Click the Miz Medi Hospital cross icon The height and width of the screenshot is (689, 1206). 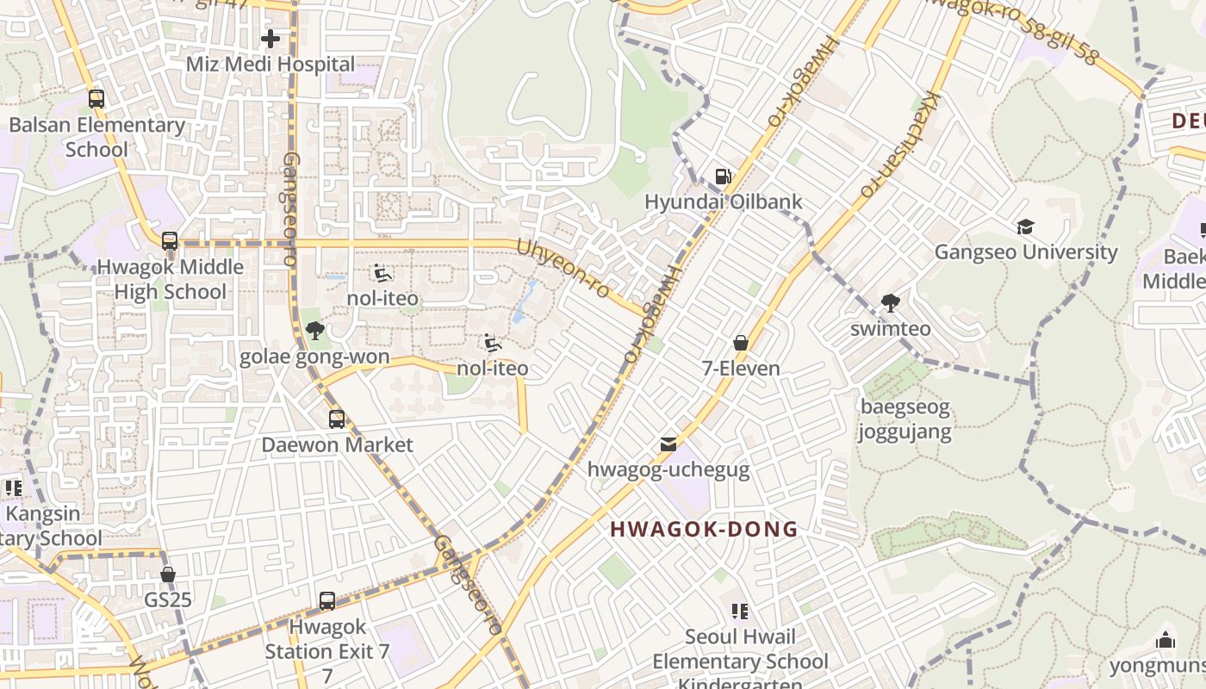coord(270,39)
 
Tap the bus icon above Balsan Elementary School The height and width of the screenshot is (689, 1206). coord(96,99)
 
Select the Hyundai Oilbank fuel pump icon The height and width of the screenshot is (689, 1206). coord(724,177)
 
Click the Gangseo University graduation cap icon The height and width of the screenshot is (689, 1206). coord(1025,227)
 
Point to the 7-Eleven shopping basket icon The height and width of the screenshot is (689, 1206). coord(740,343)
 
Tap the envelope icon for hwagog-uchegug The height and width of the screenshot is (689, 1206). coord(668,444)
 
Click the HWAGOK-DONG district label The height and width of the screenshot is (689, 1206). coord(704,529)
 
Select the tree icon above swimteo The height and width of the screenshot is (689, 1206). coord(890,303)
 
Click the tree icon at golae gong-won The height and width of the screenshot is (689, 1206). coord(314,331)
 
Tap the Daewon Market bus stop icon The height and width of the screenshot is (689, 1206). coord(337,419)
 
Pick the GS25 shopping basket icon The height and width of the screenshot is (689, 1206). coord(168,574)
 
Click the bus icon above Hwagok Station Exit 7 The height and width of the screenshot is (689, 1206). coord(327,601)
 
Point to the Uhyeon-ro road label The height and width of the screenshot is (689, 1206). coord(563,269)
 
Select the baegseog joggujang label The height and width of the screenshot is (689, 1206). coord(904,419)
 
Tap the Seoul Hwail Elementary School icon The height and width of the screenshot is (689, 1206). coord(739,611)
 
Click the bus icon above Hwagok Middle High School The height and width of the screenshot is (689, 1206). coord(170,241)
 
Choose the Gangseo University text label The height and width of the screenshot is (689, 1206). coord(1026,252)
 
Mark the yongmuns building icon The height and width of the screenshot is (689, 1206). coord(1166,640)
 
